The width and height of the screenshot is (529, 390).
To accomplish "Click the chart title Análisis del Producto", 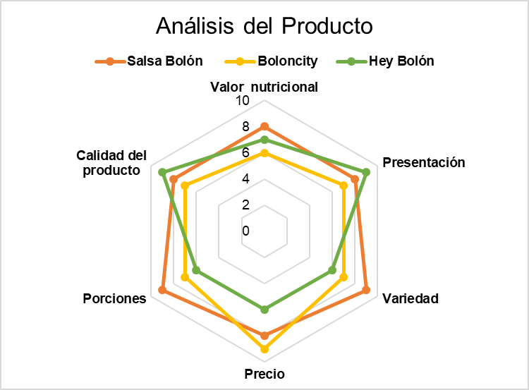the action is click(x=264, y=25).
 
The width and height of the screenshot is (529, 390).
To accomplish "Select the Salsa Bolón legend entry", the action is click(x=149, y=61).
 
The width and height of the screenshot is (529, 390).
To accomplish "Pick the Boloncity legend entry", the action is click(x=272, y=61).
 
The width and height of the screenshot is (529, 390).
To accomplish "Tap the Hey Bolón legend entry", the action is click(x=385, y=61).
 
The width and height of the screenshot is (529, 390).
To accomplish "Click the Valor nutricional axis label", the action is click(x=264, y=87).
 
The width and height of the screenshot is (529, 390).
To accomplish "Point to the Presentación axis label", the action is click(x=424, y=163).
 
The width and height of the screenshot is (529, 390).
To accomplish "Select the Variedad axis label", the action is click(x=411, y=298).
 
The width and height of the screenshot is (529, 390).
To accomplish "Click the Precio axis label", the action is click(x=264, y=374).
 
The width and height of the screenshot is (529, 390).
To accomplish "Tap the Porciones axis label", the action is click(x=115, y=298).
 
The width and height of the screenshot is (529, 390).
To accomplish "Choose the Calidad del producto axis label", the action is click(x=111, y=163).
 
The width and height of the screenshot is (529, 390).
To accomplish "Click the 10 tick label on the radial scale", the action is click(x=243, y=100).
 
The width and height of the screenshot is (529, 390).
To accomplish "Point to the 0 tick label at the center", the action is click(x=245, y=231).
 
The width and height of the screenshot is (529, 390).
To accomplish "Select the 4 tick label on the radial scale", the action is click(x=245, y=179).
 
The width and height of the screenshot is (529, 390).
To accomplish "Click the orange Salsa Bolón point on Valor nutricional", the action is click(x=264, y=127).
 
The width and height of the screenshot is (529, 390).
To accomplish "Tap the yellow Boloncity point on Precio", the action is click(x=264, y=349).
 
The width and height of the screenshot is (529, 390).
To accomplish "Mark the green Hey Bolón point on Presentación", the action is click(x=366, y=172).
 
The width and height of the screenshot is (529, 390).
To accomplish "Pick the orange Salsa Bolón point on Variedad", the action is click(x=366, y=290).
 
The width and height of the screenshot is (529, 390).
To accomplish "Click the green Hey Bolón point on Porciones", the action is click(x=196, y=270).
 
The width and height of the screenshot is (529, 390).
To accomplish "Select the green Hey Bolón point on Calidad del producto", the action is click(x=163, y=172).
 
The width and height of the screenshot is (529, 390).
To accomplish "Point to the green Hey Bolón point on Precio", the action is click(x=264, y=310).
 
